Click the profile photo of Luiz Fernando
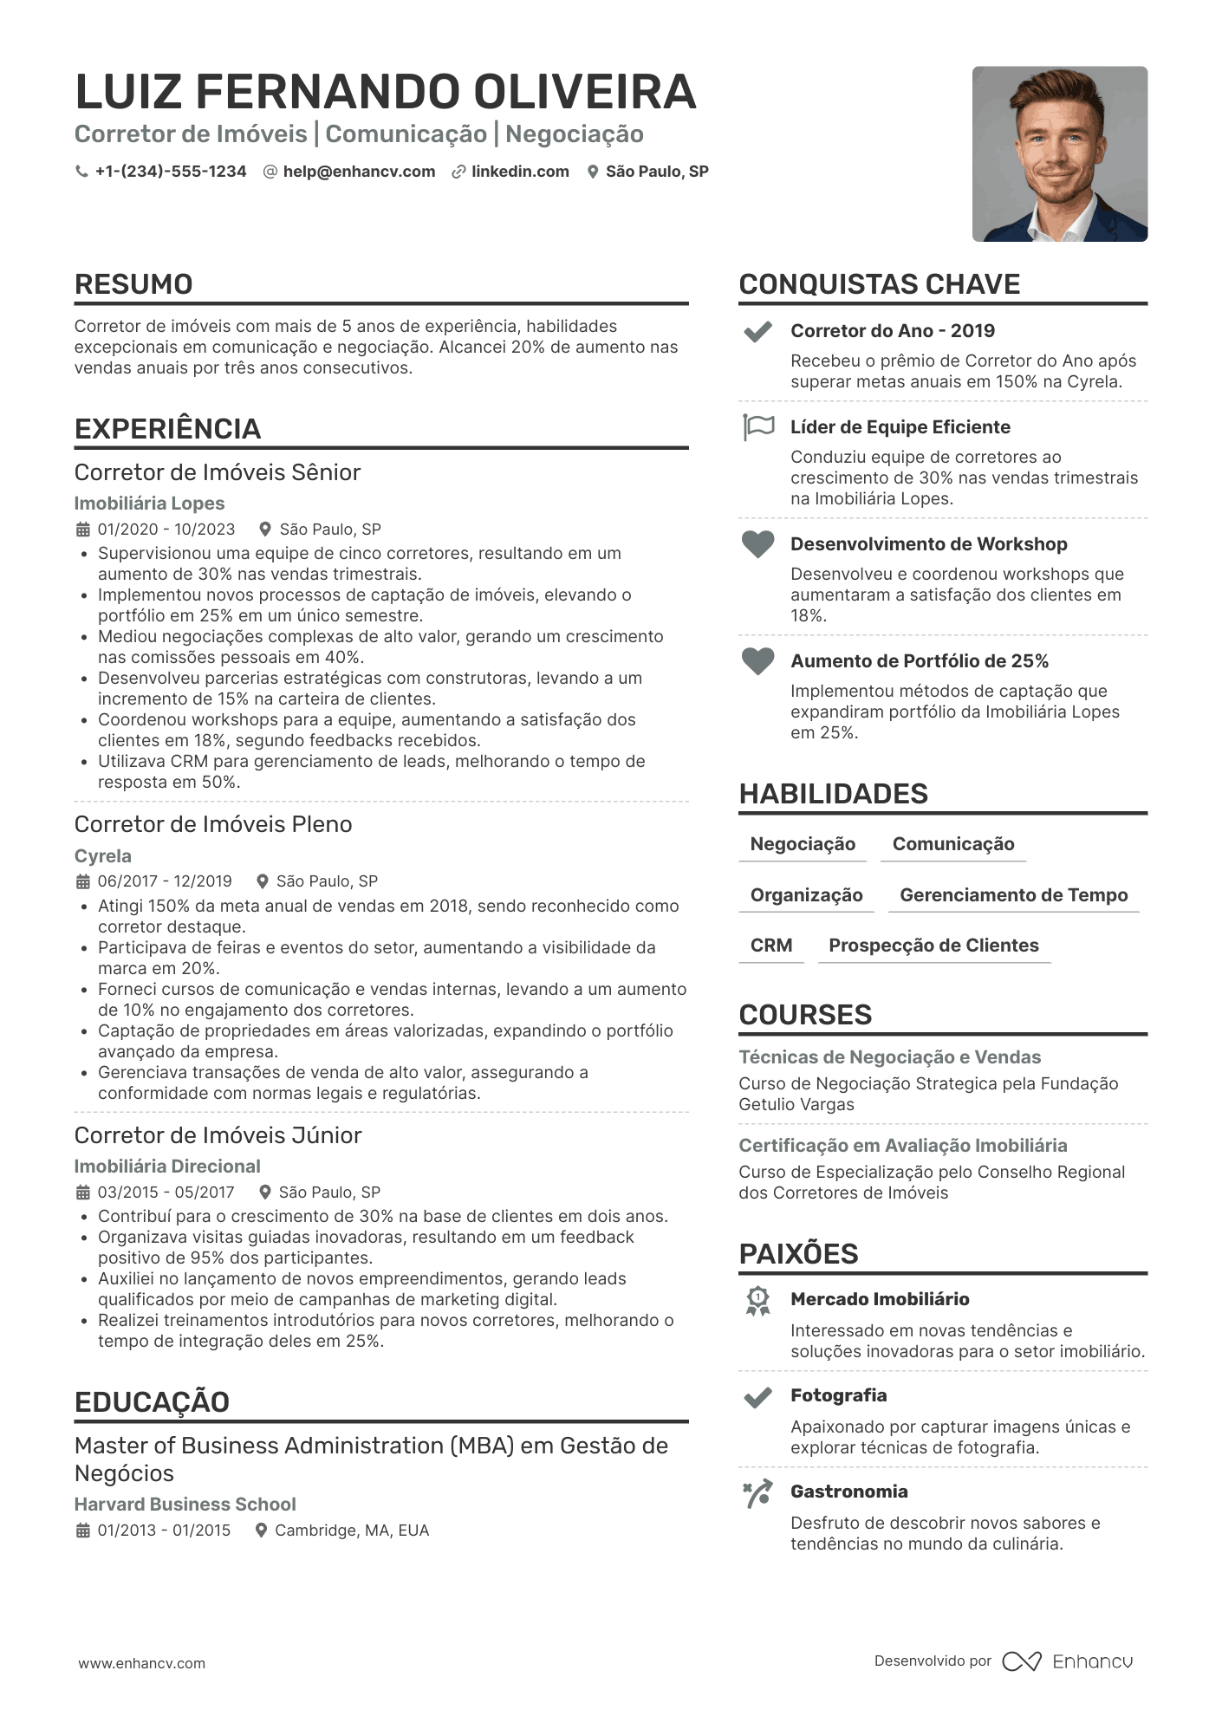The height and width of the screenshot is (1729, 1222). pos(1059,154)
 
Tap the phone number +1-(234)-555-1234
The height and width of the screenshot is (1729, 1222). pos(170,172)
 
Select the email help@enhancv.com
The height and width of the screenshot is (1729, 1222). pos(359,172)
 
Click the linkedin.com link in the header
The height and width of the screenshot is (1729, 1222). pos(520,172)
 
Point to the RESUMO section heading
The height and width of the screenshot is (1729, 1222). pos(133,284)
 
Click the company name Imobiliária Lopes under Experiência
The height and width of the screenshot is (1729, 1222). pos(149,504)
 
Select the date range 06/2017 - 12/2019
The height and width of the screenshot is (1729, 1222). pos(165,881)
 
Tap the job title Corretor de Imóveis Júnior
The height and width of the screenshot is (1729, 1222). pos(218,1135)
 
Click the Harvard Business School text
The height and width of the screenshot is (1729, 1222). pos(185,1505)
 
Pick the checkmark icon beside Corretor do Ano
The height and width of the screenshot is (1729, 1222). pos(758,332)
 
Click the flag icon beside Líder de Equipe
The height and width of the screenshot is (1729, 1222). pos(758,427)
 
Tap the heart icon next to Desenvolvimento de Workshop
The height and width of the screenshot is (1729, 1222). pos(757,544)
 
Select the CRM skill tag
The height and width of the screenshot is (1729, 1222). pos(771,946)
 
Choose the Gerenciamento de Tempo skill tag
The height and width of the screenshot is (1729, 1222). pos(1013,895)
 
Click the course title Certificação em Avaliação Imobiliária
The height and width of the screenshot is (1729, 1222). pos(902,1146)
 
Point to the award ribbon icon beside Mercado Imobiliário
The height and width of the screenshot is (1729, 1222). pos(758,1301)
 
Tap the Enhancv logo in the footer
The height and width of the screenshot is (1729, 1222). pos(1068,1661)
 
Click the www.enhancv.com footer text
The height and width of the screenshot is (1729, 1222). pos(142,1663)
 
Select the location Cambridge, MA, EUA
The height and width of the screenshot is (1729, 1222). pos(352,1531)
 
